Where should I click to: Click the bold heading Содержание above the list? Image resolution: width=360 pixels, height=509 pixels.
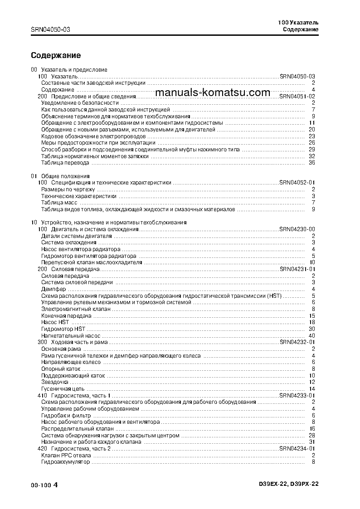56,55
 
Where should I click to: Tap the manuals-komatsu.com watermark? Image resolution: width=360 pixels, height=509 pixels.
212,92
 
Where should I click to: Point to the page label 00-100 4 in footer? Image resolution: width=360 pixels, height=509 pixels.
44,485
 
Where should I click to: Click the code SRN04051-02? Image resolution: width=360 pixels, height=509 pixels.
297,97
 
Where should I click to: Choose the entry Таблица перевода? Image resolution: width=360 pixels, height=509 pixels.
65,163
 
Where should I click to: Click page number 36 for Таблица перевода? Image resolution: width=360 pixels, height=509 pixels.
311,163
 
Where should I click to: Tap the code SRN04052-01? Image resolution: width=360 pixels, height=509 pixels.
297,183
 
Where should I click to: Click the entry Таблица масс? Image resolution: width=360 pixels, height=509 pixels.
59,203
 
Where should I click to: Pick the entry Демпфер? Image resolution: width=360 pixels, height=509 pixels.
53,289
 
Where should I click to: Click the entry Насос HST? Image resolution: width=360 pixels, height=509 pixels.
55,322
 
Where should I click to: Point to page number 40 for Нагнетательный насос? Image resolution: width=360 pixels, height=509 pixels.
311,336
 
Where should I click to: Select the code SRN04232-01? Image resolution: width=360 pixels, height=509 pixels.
297,342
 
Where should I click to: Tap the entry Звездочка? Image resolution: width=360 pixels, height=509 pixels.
56,382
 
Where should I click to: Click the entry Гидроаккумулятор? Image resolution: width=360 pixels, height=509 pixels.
65,462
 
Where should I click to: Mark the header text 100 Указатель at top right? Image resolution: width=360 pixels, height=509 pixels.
298,22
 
